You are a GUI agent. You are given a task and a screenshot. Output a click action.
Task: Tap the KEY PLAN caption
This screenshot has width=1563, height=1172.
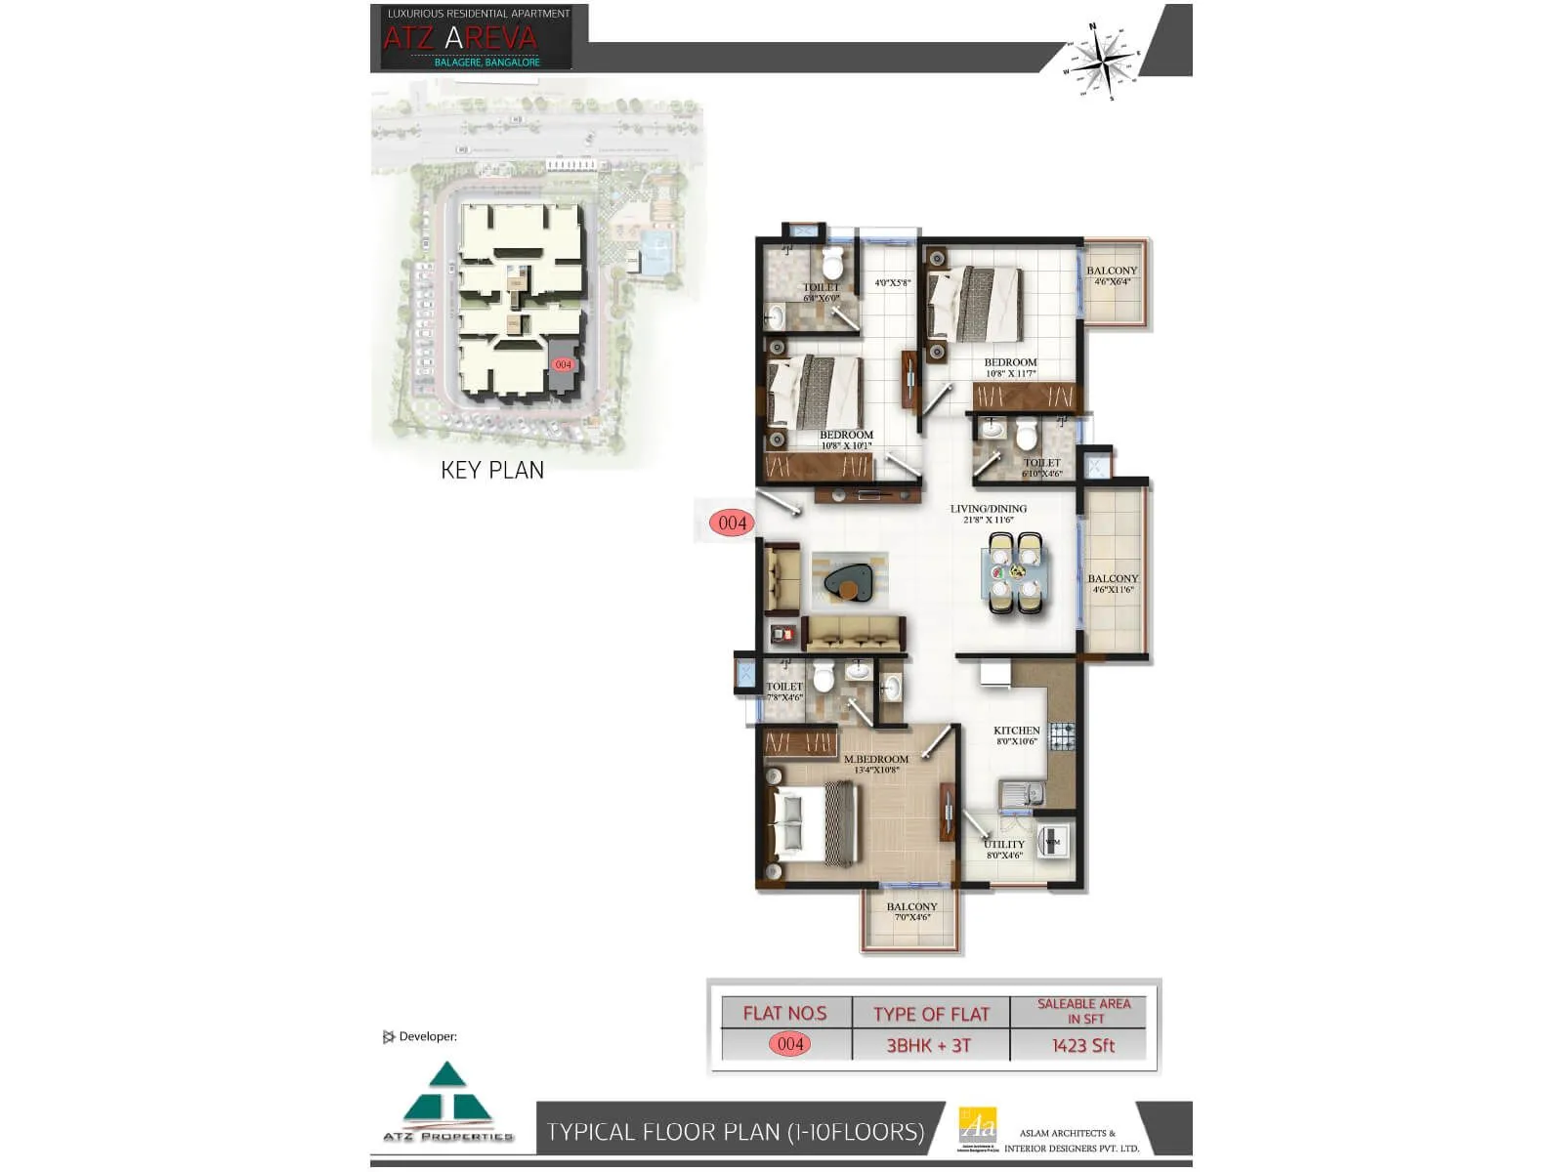[492, 470]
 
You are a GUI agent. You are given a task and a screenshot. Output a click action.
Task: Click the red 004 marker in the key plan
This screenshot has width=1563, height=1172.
[563, 364]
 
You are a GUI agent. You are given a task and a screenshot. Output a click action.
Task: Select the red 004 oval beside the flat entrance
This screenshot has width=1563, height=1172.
[732, 523]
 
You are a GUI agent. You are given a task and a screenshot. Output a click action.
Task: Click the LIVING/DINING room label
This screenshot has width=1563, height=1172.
[988, 513]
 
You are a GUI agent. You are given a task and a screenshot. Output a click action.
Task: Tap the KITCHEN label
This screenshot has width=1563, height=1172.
[1016, 734]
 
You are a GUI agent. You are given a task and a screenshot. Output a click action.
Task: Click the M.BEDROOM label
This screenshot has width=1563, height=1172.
[875, 763]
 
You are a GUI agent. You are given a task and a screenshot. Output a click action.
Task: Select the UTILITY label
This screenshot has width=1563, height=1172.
[1004, 848]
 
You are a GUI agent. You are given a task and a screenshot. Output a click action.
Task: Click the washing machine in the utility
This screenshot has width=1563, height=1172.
[1053, 841]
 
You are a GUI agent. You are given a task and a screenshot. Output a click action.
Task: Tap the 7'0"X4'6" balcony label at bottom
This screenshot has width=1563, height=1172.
[911, 911]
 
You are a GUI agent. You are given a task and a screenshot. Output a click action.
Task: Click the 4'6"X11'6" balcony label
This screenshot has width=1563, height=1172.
[1113, 583]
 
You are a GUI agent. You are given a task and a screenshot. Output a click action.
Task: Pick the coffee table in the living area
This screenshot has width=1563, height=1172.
[846, 584]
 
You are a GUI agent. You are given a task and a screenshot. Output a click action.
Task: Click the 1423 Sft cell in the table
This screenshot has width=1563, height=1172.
[1082, 1045]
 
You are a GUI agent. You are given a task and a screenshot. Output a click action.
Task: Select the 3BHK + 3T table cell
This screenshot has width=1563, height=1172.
[928, 1045]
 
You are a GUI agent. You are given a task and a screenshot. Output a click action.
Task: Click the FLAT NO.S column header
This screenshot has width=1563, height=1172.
[784, 1013]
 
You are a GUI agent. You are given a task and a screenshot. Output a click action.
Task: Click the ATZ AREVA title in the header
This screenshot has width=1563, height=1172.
[460, 38]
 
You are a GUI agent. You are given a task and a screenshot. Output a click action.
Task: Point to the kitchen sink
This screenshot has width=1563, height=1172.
[1021, 794]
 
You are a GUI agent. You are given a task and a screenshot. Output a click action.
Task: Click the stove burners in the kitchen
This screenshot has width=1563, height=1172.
[1063, 737]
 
